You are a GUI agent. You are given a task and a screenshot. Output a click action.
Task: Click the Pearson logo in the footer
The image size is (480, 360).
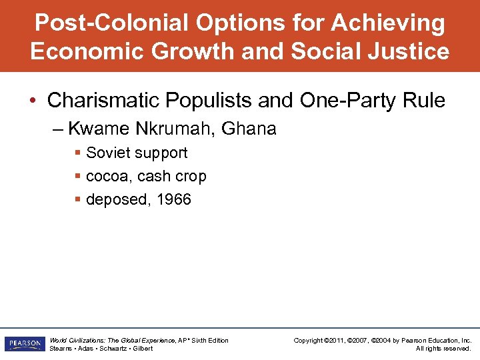25,344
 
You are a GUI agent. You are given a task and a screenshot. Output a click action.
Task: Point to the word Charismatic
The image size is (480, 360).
105,101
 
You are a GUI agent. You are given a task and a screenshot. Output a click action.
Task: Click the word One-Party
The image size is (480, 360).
335,101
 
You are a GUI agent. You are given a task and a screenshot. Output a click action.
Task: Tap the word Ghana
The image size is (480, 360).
251,129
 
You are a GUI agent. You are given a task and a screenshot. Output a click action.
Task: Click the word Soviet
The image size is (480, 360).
109,153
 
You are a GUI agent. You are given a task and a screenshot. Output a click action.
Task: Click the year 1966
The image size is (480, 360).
174,199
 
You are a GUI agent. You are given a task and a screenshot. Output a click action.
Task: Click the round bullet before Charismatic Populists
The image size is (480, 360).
35,101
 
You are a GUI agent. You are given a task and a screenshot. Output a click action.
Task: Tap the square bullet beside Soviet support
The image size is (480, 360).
78,153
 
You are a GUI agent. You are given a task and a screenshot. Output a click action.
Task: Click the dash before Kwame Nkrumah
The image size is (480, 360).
57,129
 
